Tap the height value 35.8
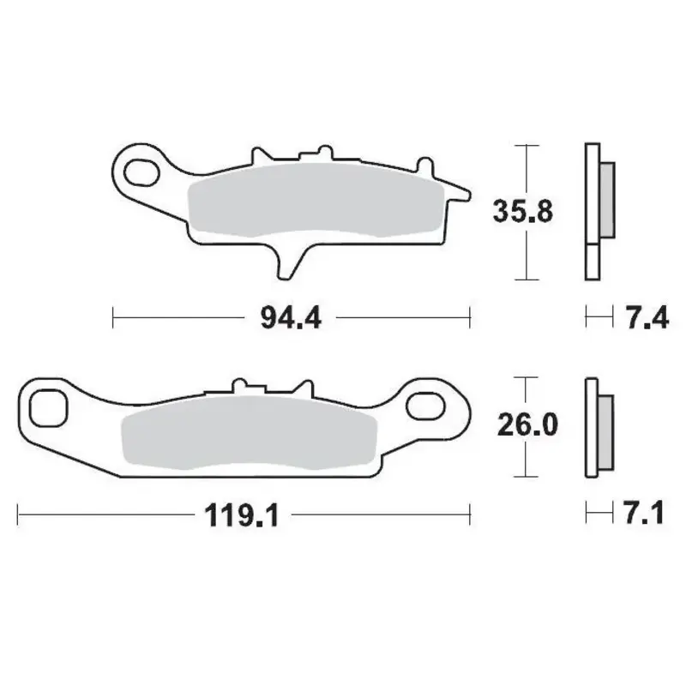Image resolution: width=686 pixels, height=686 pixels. [521, 211]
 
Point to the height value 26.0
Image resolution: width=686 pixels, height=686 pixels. [521, 424]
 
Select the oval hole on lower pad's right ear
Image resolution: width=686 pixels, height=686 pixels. [426, 402]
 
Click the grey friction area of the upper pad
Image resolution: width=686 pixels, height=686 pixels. [309, 202]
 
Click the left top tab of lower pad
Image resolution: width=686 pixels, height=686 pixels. [238, 386]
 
